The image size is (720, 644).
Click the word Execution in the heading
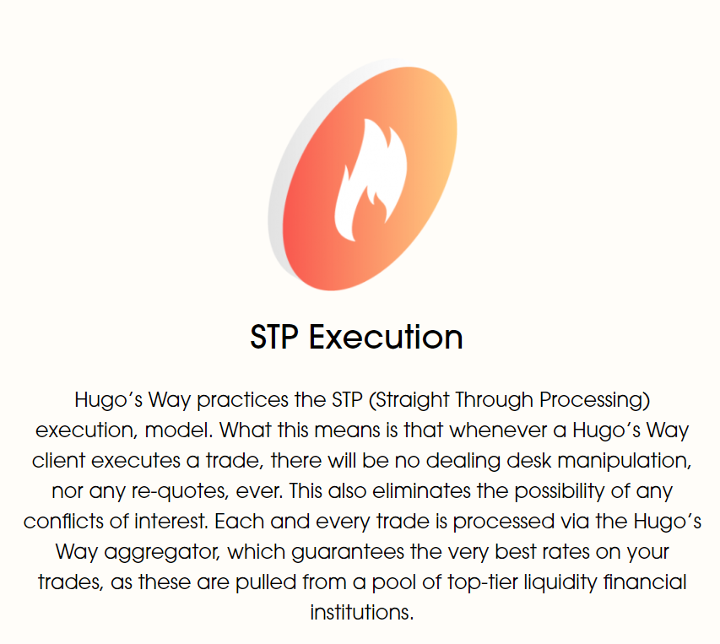[x=386, y=338]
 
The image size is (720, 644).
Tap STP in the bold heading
[x=274, y=338]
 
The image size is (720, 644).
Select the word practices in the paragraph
[x=242, y=400]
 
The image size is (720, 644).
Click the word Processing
[x=594, y=400]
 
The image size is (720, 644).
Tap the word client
[x=58, y=461]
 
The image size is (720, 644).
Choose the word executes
[x=136, y=461]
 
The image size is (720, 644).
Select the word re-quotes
[x=180, y=491]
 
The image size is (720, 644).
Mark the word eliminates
[x=421, y=491]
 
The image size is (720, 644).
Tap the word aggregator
[x=163, y=552]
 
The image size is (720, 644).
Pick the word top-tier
[x=482, y=582]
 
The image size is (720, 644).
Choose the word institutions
[x=362, y=613]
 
